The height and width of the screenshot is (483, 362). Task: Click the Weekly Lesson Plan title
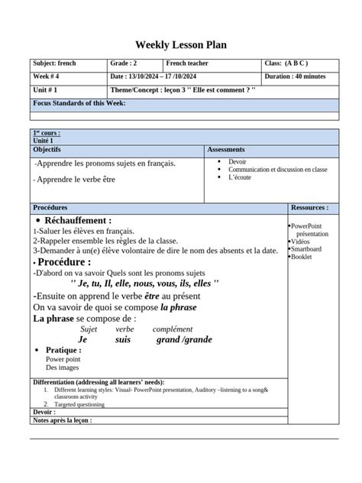click(181, 45)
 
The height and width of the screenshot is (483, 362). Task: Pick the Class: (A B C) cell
click(286, 63)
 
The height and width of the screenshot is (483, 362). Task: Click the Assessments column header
click(226, 150)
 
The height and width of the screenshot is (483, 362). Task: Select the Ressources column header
click(309, 207)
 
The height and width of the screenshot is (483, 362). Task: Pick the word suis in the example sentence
click(123, 339)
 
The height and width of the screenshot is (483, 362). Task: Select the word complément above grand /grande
click(173, 329)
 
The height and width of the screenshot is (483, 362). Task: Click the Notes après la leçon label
click(63, 420)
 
